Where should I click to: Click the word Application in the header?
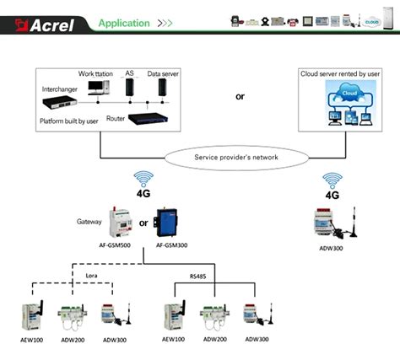coord(124,23)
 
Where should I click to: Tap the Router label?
coord(116,119)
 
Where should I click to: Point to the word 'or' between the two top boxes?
coord(240,95)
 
